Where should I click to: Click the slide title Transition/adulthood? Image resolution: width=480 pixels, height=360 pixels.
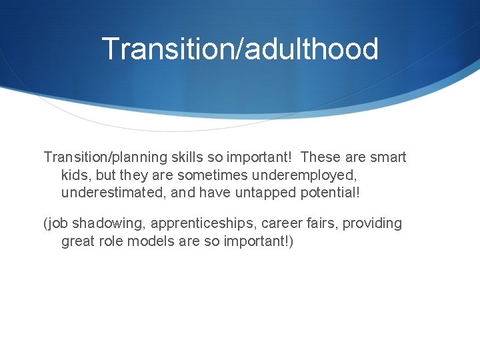pos(240,49)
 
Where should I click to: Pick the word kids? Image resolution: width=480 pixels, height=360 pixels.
pos(74,175)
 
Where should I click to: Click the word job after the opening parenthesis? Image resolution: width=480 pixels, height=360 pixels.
pos(57,223)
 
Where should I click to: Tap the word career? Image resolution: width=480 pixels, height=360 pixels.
pos(270,223)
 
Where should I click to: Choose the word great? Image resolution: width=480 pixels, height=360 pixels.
pos(77,241)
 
